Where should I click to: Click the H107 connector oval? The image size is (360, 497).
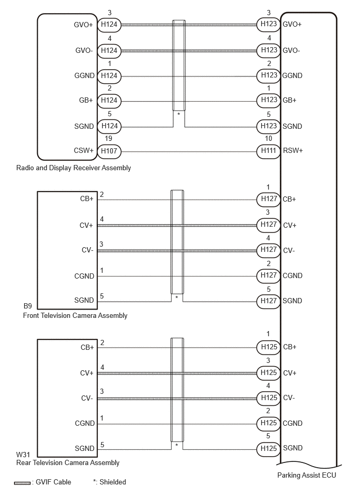(109, 151)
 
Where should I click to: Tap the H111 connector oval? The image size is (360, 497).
(268, 151)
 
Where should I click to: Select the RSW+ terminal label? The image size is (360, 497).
(292, 150)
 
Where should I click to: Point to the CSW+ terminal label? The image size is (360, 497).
(84, 150)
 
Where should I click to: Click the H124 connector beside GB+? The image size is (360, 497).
(109, 101)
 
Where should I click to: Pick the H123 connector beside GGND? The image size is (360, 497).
(268, 75)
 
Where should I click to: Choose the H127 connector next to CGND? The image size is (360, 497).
(268, 275)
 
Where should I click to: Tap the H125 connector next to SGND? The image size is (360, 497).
(268, 448)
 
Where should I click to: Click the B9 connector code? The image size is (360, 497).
(28, 306)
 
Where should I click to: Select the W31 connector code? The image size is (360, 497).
(23, 455)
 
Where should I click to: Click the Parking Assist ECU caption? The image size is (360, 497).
(307, 475)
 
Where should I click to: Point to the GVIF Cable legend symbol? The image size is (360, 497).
(22, 483)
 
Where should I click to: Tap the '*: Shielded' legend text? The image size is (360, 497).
(109, 482)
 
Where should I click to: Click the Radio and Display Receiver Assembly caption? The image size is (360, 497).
(73, 168)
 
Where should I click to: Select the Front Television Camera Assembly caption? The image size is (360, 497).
(75, 316)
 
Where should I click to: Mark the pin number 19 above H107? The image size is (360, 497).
(108, 138)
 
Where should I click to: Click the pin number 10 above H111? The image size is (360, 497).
(268, 138)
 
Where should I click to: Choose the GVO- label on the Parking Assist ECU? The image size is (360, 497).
(291, 50)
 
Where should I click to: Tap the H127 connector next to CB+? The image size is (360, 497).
(268, 199)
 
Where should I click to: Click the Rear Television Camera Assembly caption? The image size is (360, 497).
(67, 463)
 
